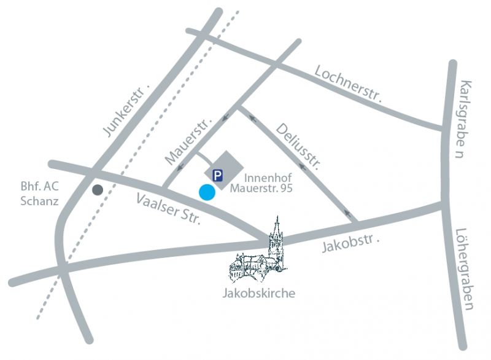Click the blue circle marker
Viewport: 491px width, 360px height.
pyautogui.click(x=207, y=192)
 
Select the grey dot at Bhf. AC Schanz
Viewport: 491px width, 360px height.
pyautogui.click(x=97, y=190)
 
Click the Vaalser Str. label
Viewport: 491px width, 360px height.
pyautogui.click(x=169, y=208)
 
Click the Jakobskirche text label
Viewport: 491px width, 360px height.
pyautogui.click(x=258, y=294)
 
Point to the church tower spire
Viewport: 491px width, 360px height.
pyautogui.click(x=277, y=225)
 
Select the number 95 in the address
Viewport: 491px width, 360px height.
pyautogui.click(x=285, y=189)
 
